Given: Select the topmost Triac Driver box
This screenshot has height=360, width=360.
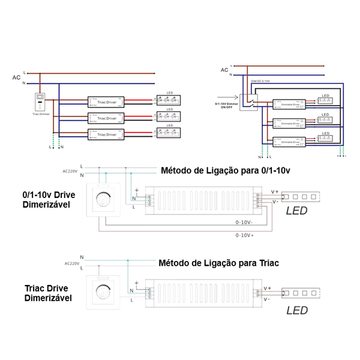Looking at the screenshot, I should [x=106, y=101].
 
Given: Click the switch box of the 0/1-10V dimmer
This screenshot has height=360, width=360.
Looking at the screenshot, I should [x=249, y=103].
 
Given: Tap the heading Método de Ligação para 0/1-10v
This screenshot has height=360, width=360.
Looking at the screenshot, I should [x=225, y=170].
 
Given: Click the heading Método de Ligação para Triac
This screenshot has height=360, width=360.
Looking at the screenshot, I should [x=219, y=263].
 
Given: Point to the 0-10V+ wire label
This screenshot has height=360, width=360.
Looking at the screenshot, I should [x=245, y=235].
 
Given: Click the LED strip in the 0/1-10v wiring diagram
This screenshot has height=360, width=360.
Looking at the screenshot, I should [x=304, y=196].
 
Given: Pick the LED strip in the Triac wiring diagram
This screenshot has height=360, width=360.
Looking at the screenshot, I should [x=304, y=293].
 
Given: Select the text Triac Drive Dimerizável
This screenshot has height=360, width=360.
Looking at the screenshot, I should [x=49, y=292].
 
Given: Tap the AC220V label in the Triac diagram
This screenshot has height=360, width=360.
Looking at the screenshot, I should [x=71, y=263].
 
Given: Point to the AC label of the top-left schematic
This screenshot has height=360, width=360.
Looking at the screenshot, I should [x=16, y=77].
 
